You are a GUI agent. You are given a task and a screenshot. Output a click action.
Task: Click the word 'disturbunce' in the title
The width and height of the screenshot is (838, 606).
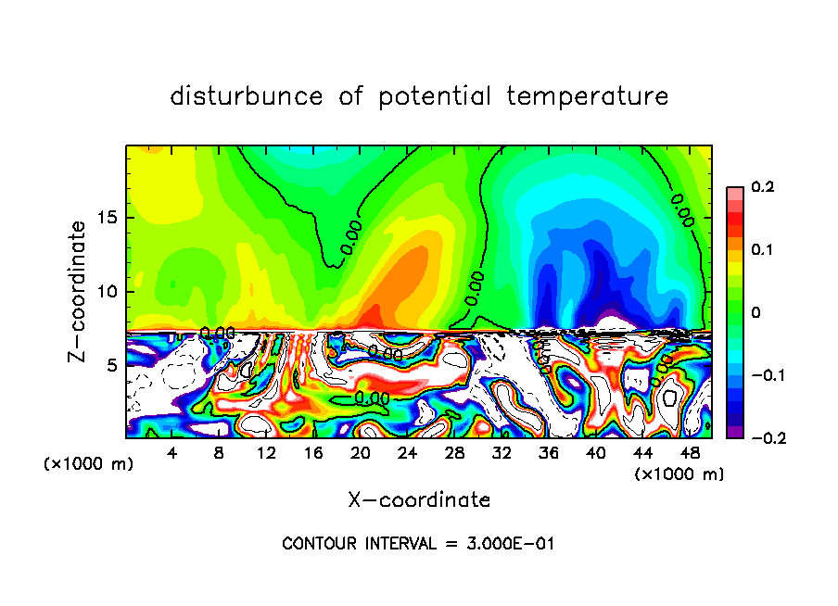247,96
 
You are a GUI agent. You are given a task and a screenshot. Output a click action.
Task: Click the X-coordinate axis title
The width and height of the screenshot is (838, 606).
419,500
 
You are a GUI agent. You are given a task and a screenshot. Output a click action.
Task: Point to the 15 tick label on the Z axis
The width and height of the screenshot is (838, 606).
104,219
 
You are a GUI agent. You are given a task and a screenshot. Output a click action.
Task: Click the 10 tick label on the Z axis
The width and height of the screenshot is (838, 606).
104,292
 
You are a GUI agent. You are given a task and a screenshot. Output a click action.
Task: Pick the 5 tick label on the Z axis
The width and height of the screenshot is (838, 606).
108,365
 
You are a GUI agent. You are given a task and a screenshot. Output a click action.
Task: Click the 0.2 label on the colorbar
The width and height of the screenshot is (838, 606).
762,187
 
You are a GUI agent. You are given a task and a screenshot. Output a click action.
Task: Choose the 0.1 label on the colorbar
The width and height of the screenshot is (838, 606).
762,250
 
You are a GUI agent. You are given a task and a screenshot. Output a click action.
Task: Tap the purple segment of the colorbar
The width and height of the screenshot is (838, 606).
734,432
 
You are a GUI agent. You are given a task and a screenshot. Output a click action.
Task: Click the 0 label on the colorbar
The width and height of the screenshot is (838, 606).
755,313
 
